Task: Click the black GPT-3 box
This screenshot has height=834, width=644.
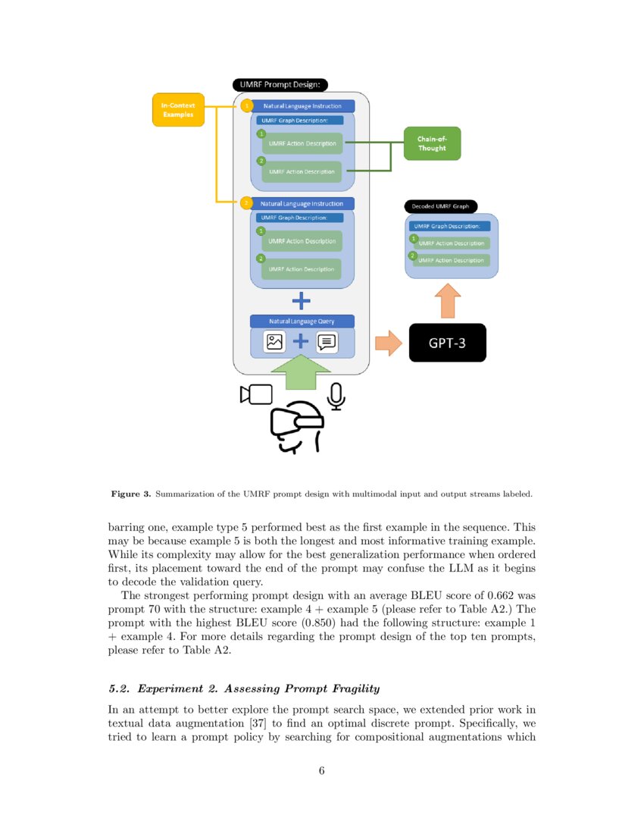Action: (x=447, y=343)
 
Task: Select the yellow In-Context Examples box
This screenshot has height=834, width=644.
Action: (x=178, y=109)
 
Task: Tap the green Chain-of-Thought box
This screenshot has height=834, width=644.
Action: (x=432, y=143)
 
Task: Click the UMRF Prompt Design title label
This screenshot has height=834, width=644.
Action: (x=280, y=86)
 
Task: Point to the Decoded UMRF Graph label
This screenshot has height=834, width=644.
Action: (x=439, y=205)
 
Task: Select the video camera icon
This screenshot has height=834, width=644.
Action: (x=256, y=394)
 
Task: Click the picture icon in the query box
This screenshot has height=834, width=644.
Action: (x=274, y=342)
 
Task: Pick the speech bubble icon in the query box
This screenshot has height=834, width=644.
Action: (x=327, y=342)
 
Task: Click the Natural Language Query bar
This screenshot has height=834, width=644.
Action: (x=302, y=321)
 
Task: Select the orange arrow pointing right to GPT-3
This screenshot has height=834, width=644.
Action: (x=389, y=343)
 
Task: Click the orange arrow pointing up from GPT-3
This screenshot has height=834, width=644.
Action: (x=447, y=301)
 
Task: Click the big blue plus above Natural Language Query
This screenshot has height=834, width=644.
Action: (x=302, y=301)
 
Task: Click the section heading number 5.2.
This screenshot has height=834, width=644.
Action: (x=121, y=688)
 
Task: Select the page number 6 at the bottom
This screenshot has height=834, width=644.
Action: (x=322, y=771)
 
